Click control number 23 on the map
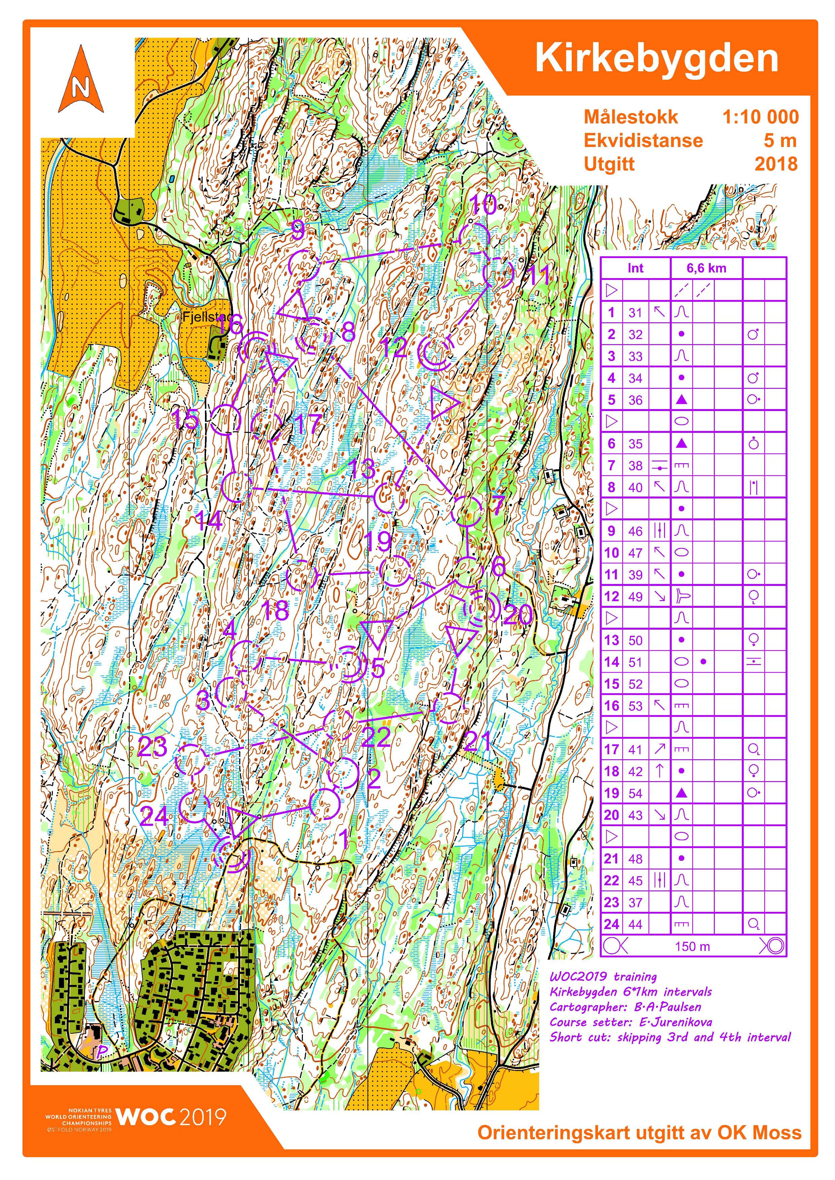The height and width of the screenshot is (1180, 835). (152, 747)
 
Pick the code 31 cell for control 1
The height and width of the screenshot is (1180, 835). (635, 312)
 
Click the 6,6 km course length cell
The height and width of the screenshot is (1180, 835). (706, 268)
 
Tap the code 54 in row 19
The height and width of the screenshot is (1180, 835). (635, 794)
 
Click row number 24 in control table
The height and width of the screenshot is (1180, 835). (611, 924)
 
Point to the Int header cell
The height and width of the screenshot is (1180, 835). (635, 268)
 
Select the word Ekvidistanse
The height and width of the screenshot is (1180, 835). (643, 140)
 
